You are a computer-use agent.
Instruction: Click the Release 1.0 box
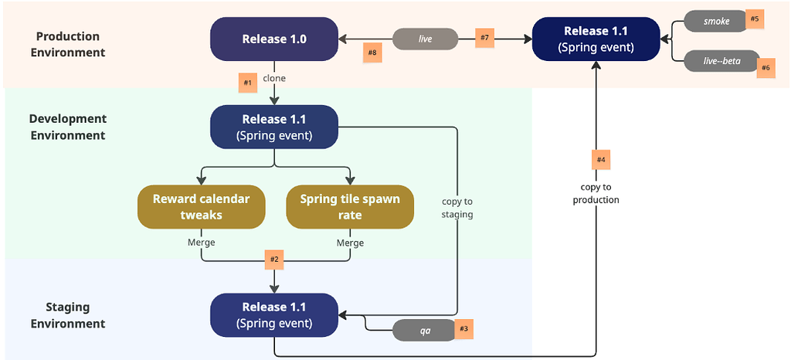pyautogui.click(x=274, y=39)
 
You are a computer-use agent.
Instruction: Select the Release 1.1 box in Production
pyautogui.click(x=596, y=39)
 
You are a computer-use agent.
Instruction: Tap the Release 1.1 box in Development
pyautogui.click(x=274, y=127)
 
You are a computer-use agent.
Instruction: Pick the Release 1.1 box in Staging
pyautogui.click(x=274, y=315)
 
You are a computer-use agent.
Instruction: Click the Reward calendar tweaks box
pyautogui.click(x=201, y=207)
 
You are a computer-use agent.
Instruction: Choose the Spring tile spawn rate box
pyautogui.click(x=350, y=207)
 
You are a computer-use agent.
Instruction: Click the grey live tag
pyautogui.click(x=425, y=39)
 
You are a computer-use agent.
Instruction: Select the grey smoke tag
pyautogui.click(x=716, y=22)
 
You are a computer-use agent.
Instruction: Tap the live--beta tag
pyautogui.click(x=716, y=61)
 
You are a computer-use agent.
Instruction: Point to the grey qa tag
pyautogui.click(x=425, y=330)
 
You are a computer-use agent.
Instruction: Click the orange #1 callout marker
pyautogui.click(x=248, y=82)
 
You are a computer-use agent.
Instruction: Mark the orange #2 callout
pyautogui.click(x=274, y=260)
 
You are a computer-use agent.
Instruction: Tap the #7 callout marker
pyautogui.click(x=484, y=38)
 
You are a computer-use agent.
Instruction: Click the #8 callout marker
pyautogui.click(x=372, y=53)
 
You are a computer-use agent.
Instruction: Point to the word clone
pyautogui.click(x=274, y=79)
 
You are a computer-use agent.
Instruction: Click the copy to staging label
pyautogui.click(x=457, y=208)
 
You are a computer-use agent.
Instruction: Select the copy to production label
pyautogui.click(x=596, y=193)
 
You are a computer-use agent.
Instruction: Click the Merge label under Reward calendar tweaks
pyautogui.click(x=201, y=243)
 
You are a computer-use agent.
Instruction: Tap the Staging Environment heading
pyautogui.click(x=68, y=315)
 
